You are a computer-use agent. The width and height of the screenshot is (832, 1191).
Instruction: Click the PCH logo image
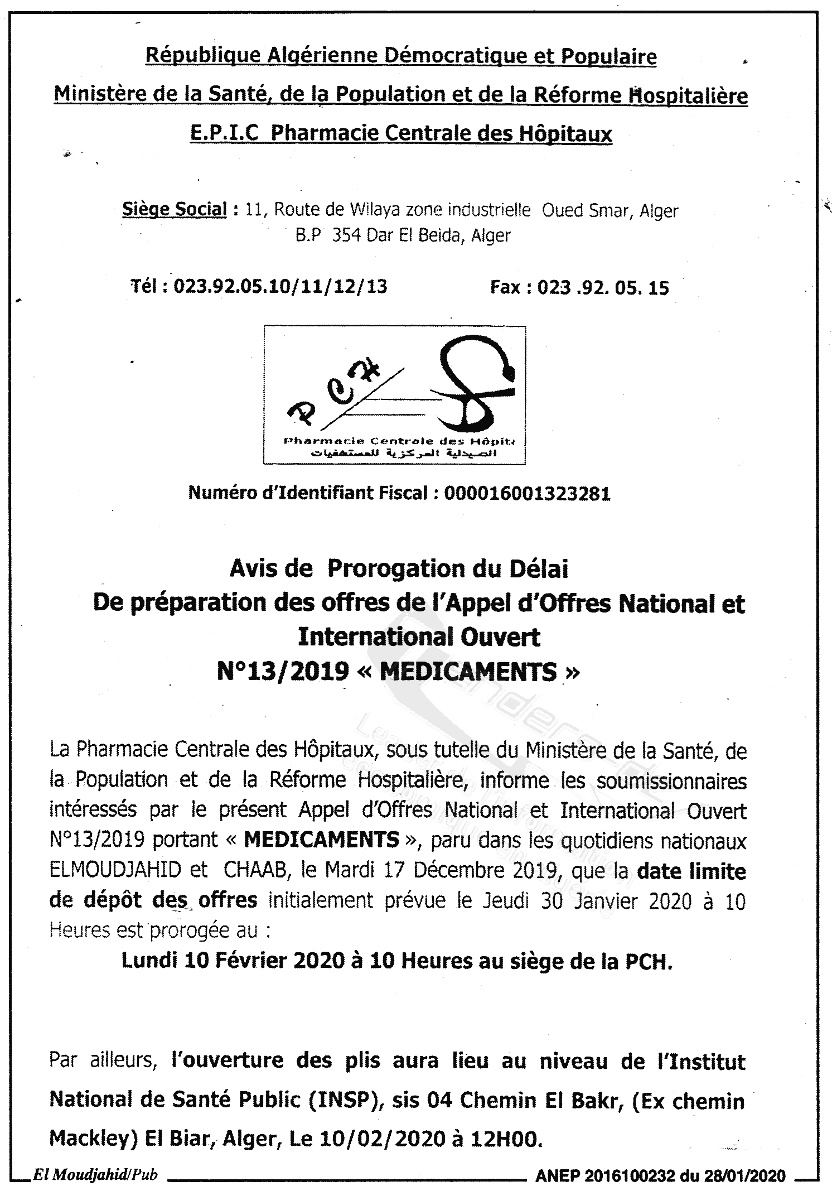[395, 395]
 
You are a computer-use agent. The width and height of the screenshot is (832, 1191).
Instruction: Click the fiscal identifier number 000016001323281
[527, 493]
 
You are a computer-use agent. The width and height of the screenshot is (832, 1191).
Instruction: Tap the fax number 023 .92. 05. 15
[603, 288]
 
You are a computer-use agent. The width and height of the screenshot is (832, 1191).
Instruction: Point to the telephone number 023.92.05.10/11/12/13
[280, 287]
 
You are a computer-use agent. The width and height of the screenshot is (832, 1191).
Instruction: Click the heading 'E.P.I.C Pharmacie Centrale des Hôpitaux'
[401, 134]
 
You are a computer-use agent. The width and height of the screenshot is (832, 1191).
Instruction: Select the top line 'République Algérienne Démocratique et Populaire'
[401, 57]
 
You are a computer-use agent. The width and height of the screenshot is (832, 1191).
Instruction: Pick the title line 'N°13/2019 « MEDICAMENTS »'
[398, 672]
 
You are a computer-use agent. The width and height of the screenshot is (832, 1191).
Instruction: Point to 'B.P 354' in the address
[331, 235]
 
